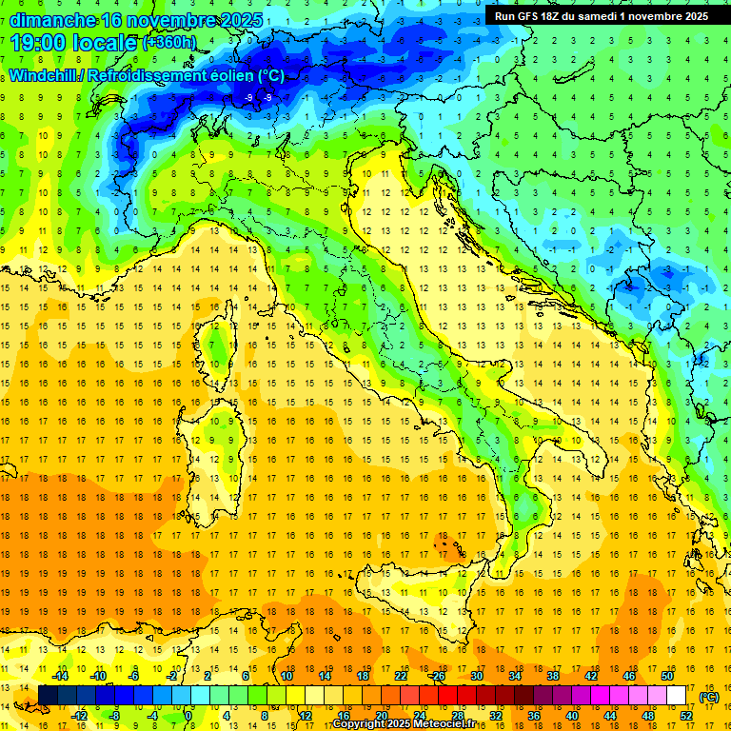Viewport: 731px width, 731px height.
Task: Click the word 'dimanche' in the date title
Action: click(52, 19)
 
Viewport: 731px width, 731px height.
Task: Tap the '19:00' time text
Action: click(40, 43)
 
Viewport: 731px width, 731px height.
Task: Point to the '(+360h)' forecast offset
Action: click(169, 43)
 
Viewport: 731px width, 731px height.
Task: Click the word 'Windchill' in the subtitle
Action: click(45, 75)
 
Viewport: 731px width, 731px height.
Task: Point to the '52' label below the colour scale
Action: click(686, 715)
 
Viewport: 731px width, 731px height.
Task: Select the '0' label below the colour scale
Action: click(189, 715)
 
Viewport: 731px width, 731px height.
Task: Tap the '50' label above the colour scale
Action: click(666, 676)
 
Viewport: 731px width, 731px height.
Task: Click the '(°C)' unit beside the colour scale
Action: click(709, 697)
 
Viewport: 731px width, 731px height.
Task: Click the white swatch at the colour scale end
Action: click(676, 696)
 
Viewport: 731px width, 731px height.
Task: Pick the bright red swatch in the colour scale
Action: click(447, 696)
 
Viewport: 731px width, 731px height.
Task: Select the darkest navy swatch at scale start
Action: click(48, 696)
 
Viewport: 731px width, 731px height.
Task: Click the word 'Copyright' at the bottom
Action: click(358, 724)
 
